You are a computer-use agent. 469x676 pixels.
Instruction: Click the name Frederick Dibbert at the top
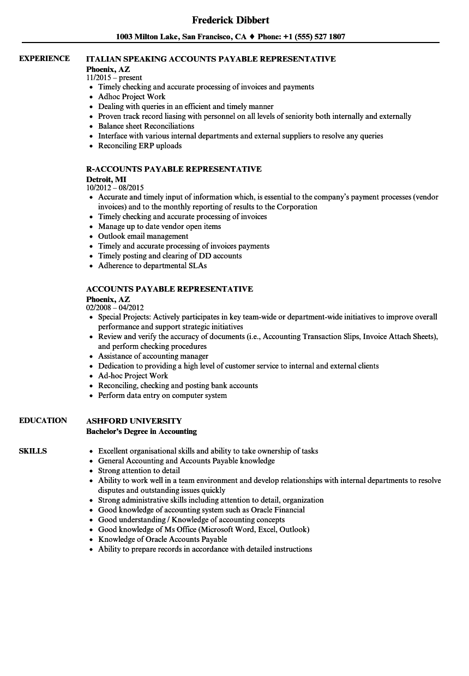[231, 20]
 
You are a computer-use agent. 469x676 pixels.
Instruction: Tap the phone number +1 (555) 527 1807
[314, 37]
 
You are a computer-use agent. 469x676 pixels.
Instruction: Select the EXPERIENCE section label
[44, 58]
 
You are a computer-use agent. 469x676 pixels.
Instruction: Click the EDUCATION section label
[43, 420]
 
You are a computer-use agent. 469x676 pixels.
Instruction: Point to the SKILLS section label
[33, 451]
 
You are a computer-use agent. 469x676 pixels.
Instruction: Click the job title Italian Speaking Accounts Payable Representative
[211, 59]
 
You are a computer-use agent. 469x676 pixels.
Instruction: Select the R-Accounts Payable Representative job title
[174, 169]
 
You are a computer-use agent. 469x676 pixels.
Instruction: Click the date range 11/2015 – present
[114, 78]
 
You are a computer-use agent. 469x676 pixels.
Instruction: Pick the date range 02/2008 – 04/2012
[115, 307]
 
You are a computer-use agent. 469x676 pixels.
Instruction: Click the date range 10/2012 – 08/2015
[115, 188]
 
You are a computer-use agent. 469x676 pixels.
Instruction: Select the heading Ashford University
[134, 421]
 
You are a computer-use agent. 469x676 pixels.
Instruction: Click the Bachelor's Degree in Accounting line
[141, 431]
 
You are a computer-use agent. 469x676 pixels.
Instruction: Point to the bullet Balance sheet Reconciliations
[146, 126]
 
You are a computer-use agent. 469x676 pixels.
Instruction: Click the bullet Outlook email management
[143, 236]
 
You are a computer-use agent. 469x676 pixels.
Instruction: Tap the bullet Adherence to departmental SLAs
[152, 265]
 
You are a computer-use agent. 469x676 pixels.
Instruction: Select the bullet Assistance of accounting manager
[153, 356]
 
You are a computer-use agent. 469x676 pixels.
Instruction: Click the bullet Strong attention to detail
[139, 470]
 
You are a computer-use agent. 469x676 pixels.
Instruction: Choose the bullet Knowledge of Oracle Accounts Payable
[163, 539]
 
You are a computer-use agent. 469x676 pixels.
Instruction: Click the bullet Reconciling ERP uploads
[140, 146]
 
